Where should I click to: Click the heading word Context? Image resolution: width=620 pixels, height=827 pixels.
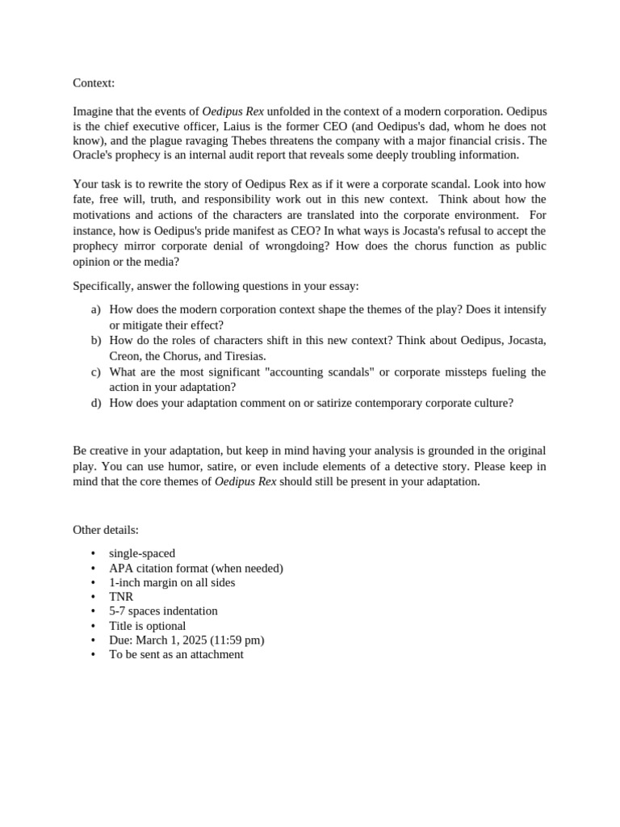point(94,83)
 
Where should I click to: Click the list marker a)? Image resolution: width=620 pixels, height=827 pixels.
point(96,309)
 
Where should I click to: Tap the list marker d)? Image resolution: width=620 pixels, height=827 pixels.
point(96,402)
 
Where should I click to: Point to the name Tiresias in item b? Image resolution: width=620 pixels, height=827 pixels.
point(241,355)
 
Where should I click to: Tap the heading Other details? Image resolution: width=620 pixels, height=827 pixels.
point(106,530)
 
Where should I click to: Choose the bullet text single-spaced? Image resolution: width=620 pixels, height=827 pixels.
point(142,553)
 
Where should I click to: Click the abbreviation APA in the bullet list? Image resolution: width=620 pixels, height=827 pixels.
point(121,568)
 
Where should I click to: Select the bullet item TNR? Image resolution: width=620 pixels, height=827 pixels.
point(121,597)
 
